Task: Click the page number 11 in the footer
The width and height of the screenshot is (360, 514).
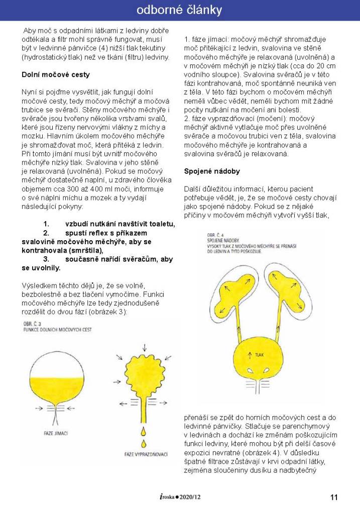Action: pyautogui.click(x=334, y=497)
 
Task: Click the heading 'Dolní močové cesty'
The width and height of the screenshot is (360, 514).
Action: pyautogui.click(x=56, y=75)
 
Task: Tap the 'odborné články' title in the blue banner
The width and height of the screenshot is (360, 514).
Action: pyautogui.click(x=179, y=10)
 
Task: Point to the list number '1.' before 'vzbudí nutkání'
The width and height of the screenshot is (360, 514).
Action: pyautogui.click(x=46, y=224)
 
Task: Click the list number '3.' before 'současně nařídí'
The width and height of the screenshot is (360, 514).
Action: pyautogui.click(x=46, y=259)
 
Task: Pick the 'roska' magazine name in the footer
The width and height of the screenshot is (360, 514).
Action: pyautogui.click(x=166, y=497)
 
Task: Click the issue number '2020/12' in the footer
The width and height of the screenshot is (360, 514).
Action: pyautogui.click(x=193, y=497)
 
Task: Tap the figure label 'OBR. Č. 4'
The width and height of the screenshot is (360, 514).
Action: pyautogui.click(x=215, y=235)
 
